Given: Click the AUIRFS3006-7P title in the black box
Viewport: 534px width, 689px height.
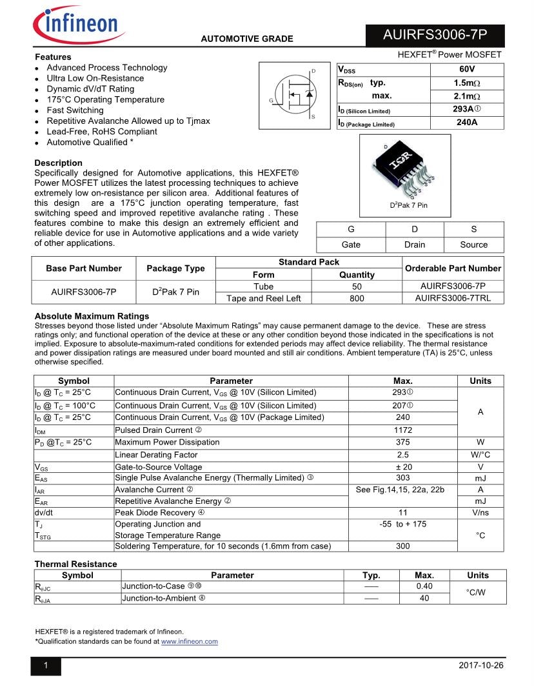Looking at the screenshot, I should click(x=435, y=35).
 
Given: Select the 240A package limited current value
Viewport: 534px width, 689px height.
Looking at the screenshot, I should click(x=467, y=123).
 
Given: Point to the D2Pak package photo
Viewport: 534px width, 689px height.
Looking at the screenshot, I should click(x=404, y=169).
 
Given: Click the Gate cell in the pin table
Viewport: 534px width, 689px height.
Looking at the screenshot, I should click(x=351, y=245).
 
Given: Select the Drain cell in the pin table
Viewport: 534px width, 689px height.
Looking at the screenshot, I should click(x=415, y=245).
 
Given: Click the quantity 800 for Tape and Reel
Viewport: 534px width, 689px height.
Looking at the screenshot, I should click(x=357, y=298).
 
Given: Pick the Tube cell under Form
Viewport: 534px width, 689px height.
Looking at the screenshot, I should click(x=263, y=286).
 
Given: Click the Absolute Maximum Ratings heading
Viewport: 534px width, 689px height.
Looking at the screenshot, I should click(x=92, y=316).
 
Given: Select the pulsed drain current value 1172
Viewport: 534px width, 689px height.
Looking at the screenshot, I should click(x=403, y=430).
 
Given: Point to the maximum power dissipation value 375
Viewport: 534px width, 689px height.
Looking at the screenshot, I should click(x=403, y=443).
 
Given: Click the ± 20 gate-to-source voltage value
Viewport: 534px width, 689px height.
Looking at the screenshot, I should click(x=403, y=467).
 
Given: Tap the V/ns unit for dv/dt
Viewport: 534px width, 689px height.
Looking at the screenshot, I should click(x=480, y=513).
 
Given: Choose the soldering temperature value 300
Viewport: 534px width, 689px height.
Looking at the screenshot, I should click(x=403, y=546).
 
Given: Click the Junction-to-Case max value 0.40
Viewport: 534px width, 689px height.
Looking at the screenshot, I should click(x=424, y=586).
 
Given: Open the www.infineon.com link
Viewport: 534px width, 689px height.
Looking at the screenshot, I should click(x=189, y=642).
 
